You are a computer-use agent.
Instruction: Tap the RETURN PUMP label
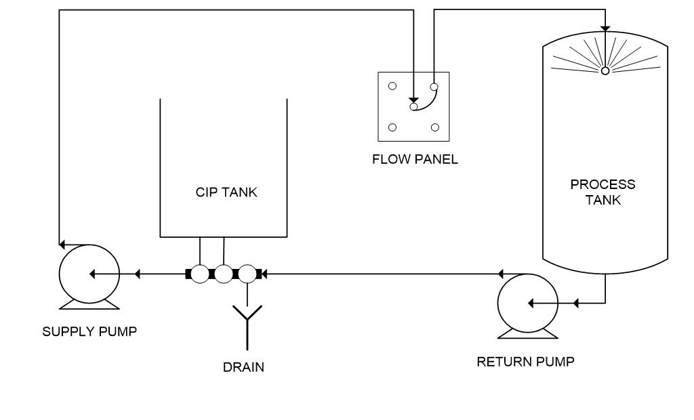point(525,361)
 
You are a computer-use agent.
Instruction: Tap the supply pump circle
point(89,274)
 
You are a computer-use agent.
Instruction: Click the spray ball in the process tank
point(605,70)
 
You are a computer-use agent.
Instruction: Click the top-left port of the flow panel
point(392,86)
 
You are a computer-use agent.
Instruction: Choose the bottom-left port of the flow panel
point(392,127)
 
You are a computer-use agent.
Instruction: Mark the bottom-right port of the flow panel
point(434,127)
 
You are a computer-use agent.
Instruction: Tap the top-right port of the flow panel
point(434,86)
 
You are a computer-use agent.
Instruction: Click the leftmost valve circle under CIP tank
point(200,274)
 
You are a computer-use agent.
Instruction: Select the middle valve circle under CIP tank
point(224,274)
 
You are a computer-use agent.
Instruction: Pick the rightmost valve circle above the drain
point(247,274)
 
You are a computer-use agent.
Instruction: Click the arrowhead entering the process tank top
point(605,28)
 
